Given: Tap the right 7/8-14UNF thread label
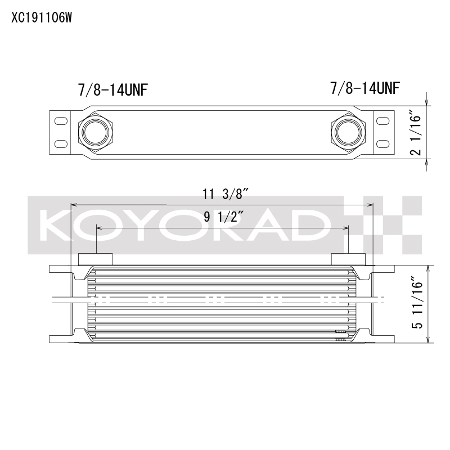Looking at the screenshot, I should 365,88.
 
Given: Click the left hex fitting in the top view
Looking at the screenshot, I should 93,132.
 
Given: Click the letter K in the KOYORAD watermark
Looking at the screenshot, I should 56,225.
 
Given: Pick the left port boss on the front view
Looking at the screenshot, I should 95,259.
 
